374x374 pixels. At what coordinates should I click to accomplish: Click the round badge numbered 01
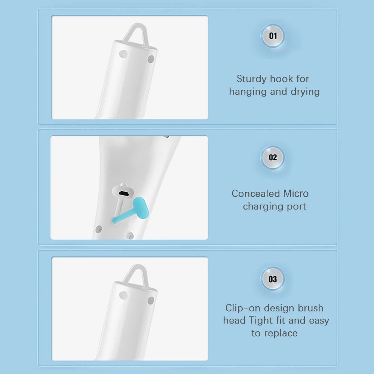[x=273, y=36]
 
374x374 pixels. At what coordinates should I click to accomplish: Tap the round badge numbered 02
[x=273, y=157]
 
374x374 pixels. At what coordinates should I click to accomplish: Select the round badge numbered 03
[x=273, y=279]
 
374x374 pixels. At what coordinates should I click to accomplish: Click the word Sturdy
[x=252, y=79]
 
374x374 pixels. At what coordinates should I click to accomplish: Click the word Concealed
[x=256, y=194]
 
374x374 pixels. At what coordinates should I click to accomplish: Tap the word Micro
[x=296, y=194]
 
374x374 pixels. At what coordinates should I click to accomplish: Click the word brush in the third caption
[x=310, y=308]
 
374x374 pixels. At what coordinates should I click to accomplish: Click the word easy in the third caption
[x=319, y=321]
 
